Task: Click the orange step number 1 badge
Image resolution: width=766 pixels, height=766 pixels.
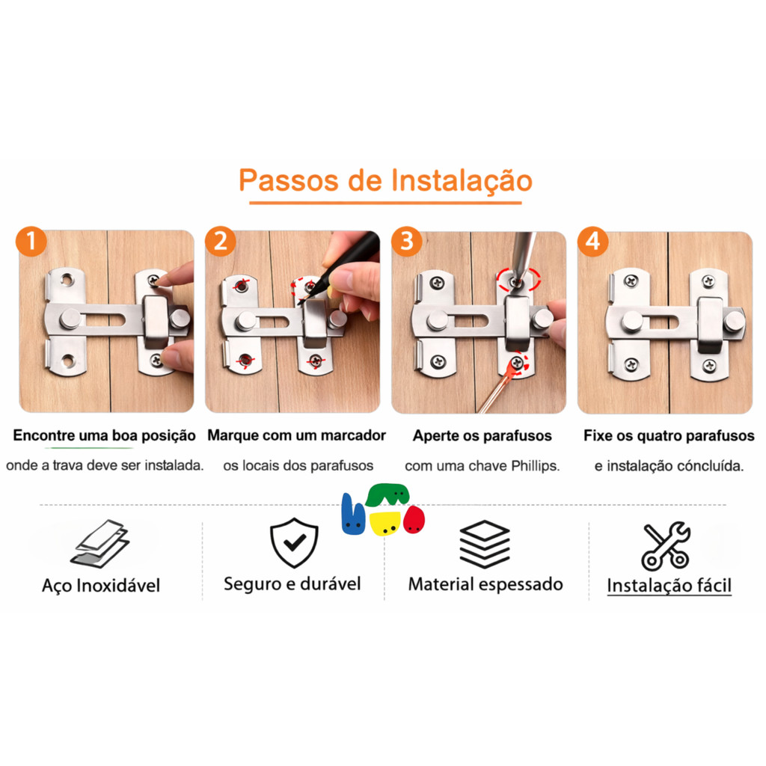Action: tap(31, 241)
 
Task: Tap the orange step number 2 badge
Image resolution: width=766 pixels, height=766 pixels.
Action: tap(221, 241)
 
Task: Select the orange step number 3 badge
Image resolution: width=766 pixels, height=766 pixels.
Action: tap(406, 241)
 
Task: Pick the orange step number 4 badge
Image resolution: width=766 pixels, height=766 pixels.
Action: tap(592, 241)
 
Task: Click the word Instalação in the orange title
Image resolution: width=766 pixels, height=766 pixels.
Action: tap(462, 181)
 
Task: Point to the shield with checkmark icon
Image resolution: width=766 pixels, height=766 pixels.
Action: tap(294, 542)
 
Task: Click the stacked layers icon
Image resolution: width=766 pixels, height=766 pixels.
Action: tap(485, 544)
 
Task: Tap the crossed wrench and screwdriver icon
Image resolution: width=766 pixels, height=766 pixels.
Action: tap(665, 545)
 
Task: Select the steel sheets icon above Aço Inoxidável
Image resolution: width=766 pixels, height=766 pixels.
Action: tap(100, 543)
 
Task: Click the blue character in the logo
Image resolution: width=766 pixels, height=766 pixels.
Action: tap(353, 515)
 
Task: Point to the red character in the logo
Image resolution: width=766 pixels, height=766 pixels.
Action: tap(414, 520)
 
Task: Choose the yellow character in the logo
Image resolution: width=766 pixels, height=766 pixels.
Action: tap(385, 523)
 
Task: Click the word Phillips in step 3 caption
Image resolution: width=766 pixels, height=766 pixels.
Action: tap(535, 466)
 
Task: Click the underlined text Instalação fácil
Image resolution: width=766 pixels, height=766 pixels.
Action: tap(670, 585)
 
